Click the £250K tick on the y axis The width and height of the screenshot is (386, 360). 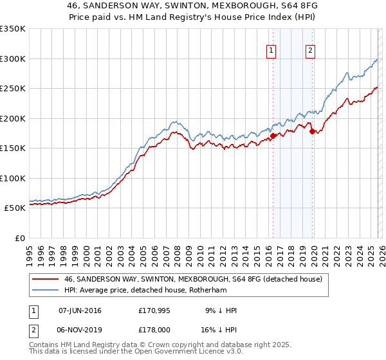click(13, 88)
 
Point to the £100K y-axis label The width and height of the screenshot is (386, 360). click(13, 178)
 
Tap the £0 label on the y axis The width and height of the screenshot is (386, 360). click(19, 238)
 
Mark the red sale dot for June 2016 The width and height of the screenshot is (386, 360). click(273, 136)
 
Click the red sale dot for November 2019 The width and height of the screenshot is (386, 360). click(312, 131)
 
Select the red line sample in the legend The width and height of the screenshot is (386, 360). click(45, 279)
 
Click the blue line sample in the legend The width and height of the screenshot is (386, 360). click(45, 290)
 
